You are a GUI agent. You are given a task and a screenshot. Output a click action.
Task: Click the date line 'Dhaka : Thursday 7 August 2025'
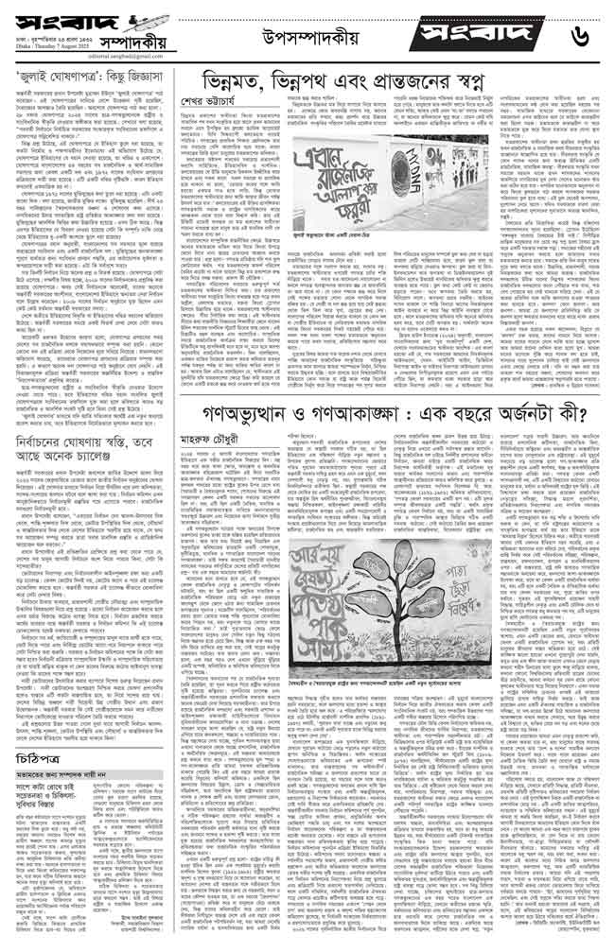point(47,48)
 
